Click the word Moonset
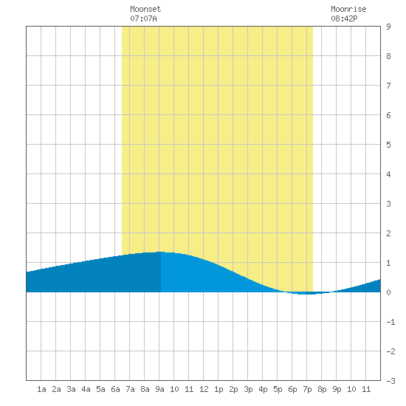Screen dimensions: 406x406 (x=145, y=9)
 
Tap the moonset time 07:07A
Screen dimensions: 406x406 (x=143, y=18)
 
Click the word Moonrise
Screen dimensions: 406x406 (x=348, y=9)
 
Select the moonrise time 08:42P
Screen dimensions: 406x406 (x=344, y=18)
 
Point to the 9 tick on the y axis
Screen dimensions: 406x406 (x=388, y=27)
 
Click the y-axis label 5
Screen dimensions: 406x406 (x=388, y=145)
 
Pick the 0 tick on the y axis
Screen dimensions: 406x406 (x=388, y=292)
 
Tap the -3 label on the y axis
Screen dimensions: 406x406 (x=390, y=381)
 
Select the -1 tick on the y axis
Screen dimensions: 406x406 (x=390, y=322)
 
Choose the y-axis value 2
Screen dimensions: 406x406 (x=388, y=233)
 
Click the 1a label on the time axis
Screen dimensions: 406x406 (x=41, y=389)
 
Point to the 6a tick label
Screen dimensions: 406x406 (x=115, y=389)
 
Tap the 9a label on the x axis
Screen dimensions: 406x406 (x=159, y=389)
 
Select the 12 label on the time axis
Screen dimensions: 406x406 (x=204, y=389)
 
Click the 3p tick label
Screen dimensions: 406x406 (x=248, y=389)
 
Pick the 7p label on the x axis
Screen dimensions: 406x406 (x=307, y=389)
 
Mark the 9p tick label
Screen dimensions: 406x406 (x=337, y=389)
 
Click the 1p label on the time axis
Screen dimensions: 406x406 (x=219, y=389)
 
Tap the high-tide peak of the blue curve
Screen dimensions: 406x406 (x=160, y=252)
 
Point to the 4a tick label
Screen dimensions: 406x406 (x=86, y=389)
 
